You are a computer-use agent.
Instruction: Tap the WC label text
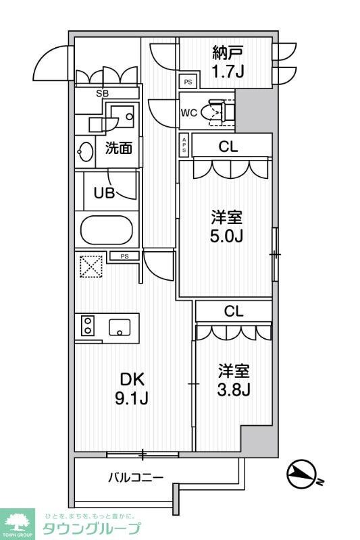pyautogui.click(x=188, y=113)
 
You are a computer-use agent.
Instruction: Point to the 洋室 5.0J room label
pyautogui.click(x=226, y=226)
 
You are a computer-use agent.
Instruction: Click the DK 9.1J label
pyautogui.click(x=132, y=388)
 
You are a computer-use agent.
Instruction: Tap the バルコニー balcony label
pyautogui.click(x=136, y=478)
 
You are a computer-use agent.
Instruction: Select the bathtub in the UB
pyautogui.click(x=106, y=230)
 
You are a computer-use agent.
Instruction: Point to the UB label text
pyautogui.click(x=103, y=192)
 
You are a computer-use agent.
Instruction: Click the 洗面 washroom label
pyautogui.click(x=118, y=148)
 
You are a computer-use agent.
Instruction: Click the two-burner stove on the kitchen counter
pyautogui.click(x=87, y=326)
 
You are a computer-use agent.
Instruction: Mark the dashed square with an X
pyautogui.click(x=90, y=266)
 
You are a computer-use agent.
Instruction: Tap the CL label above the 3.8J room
pyautogui.click(x=234, y=311)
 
